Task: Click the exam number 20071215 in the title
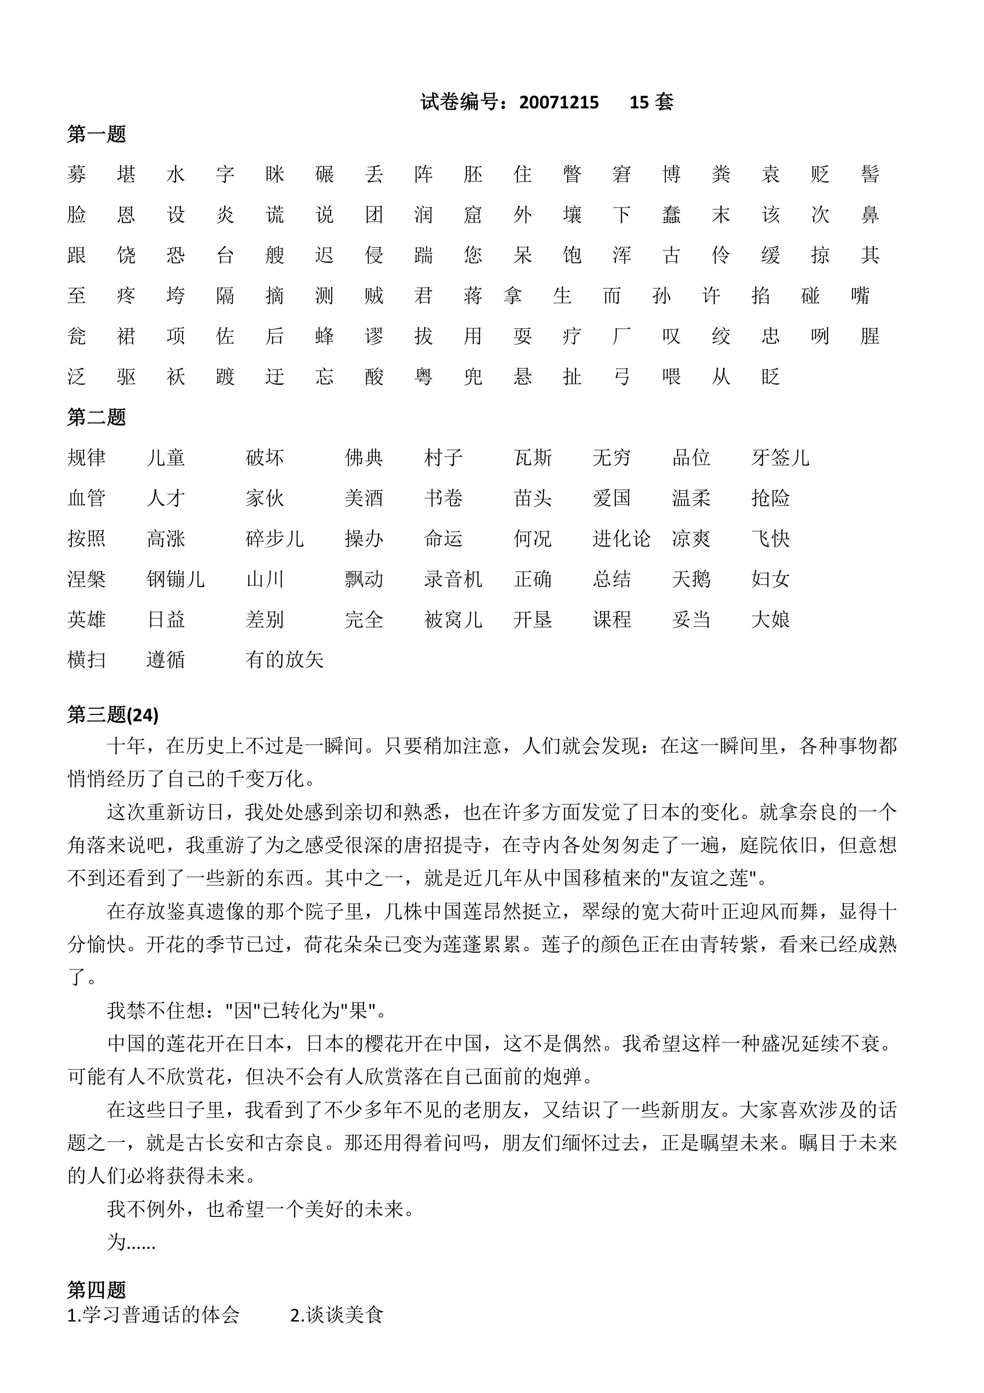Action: pyautogui.click(x=558, y=102)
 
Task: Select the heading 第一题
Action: pyautogui.click(x=96, y=134)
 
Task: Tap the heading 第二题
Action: pyautogui.click(x=96, y=417)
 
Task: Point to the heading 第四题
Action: pyautogui.click(x=96, y=1289)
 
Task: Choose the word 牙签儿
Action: pyautogui.click(x=780, y=457)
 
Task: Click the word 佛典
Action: pyautogui.click(x=364, y=457)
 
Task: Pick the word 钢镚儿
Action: pyautogui.click(x=175, y=579)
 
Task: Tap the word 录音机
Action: pyautogui.click(x=453, y=579)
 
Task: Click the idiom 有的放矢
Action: pyautogui.click(x=284, y=659)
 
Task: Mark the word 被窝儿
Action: pyautogui.click(x=453, y=619)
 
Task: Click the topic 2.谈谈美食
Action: pyautogui.click(x=336, y=1315)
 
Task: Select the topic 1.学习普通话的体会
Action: pyautogui.click(x=153, y=1315)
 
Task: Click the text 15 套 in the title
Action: pyautogui.click(x=651, y=102)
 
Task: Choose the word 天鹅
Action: pyautogui.click(x=691, y=579)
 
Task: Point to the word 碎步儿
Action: pyautogui.click(x=274, y=538)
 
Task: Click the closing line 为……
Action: pyautogui.click(x=131, y=1242)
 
